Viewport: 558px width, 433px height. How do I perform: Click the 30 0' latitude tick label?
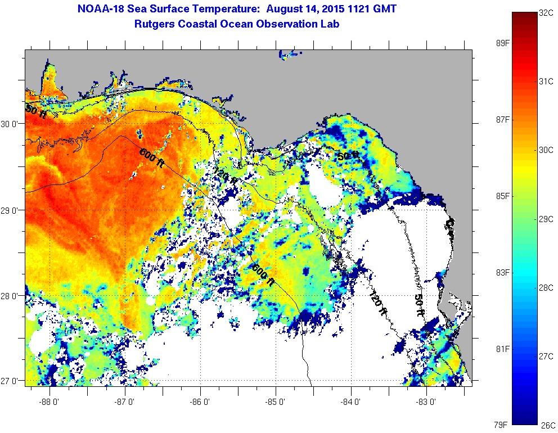[11, 124]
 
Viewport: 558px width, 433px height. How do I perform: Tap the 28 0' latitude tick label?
[11, 296]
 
